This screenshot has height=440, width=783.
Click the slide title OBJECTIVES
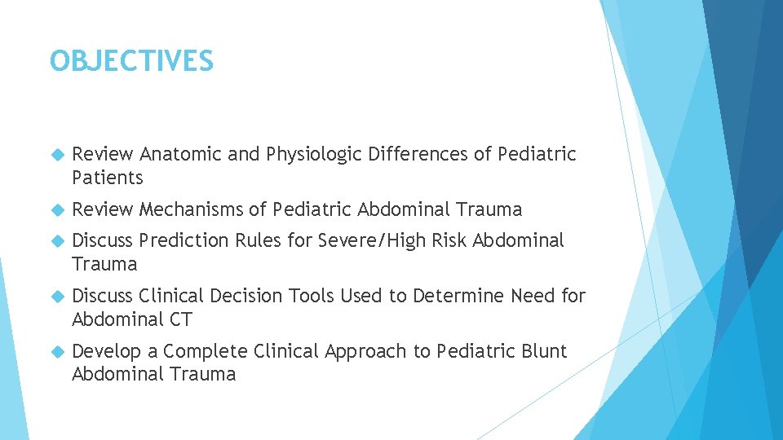click(131, 61)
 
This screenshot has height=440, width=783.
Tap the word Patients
click(108, 178)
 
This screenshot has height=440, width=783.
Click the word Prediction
click(184, 240)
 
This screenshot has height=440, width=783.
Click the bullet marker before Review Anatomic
click(56, 154)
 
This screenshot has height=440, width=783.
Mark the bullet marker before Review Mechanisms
click(56, 209)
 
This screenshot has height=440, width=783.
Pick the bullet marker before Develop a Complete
click(56, 351)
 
